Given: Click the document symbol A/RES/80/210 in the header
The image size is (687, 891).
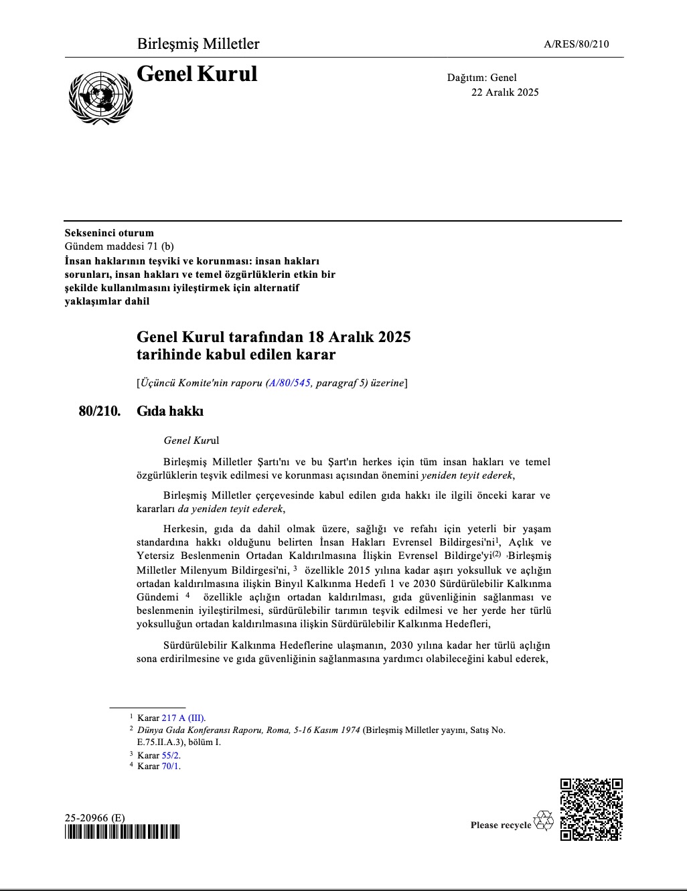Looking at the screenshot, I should (x=577, y=45).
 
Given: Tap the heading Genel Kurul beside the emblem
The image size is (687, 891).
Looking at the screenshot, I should (x=197, y=74).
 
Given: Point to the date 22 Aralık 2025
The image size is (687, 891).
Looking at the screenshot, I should (x=505, y=92).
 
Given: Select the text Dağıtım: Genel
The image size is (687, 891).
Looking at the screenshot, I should (x=482, y=78).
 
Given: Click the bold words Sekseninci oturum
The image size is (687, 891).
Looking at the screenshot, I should (x=109, y=233).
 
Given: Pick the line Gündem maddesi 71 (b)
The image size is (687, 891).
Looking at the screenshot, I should (x=119, y=246).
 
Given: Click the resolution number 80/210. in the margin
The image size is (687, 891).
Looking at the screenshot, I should (x=100, y=411).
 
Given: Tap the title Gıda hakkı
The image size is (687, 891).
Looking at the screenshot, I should (x=170, y=411).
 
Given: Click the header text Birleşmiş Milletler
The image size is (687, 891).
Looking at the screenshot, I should (x=198, y=44).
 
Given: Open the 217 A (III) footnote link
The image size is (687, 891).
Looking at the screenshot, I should (x=183, y=718).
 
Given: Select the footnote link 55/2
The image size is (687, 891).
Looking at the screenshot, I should (x=171, y=755).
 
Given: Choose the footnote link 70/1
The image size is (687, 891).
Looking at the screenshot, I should (x=171, y=766).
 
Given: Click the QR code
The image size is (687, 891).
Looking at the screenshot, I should (x=591, y=809).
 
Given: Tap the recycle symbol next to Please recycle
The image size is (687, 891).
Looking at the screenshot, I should (x=544, y=821).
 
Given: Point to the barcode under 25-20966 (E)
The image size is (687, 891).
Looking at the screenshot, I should (x=123, y=832).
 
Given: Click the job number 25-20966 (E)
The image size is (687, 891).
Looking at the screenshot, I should (x=94, y=818).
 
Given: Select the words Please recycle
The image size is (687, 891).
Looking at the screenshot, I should (x=500, y=825).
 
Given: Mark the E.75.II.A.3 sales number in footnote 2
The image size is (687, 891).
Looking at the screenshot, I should (x=156, y=742).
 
